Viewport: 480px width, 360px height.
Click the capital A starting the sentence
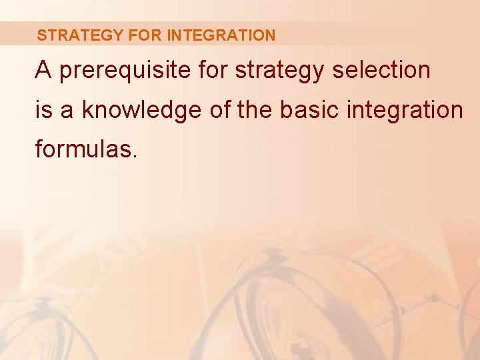[43, 70]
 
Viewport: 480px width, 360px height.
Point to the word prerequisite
[118, 71]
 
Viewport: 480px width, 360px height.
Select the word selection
[380, 70]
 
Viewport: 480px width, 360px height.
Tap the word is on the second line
[43, 110]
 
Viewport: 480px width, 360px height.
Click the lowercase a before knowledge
[67, 111]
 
